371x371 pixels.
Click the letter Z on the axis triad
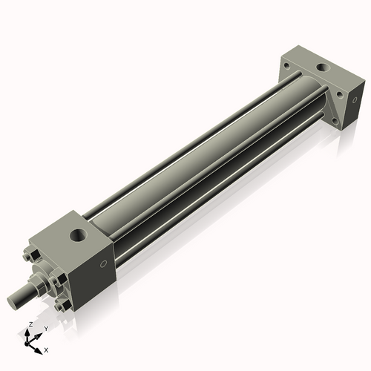[30, 325]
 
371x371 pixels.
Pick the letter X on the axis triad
[46, 349]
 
